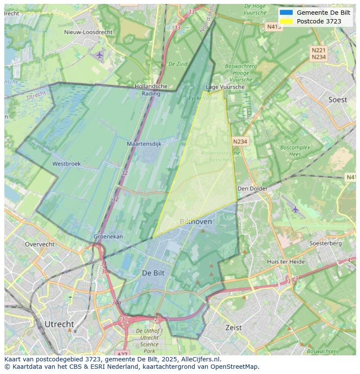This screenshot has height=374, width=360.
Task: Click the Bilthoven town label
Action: [x=196, y=222]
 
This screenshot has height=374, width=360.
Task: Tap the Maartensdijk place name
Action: [x=144, y=144]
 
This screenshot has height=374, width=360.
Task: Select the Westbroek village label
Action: [x=67, y=164]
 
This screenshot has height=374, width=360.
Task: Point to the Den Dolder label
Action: [x=252, y=189]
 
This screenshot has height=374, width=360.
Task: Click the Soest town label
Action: [x=337, y=100]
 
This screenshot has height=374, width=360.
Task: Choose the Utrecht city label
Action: [x=59, y=324]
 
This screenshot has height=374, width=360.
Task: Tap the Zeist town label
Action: [x=233, y=328]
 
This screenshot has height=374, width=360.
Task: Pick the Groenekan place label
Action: [x=108, y=237]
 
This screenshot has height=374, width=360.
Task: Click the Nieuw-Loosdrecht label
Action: [x=88, y=32]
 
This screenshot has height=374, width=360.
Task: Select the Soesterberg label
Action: [x=325, y=243]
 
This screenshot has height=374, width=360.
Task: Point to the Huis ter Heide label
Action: [x=286, y=261]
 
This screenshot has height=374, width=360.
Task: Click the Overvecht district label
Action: [x=40, y=244]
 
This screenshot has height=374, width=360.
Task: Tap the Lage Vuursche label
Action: [x=225, y=87]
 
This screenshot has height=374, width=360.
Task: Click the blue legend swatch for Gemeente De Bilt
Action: [x=286, y=13]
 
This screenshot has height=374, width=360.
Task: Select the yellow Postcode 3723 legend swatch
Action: [x=286, y=21]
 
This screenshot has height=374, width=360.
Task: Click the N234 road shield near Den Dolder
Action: [x=240, y=142]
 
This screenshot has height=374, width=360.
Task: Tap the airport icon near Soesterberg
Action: [x=296, y=210]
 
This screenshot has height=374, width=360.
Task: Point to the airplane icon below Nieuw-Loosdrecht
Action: [x=100, y=55]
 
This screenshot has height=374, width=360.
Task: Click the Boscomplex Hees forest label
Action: [x=295, y=151]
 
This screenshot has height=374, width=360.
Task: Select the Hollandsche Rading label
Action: [x=151, y=89]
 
